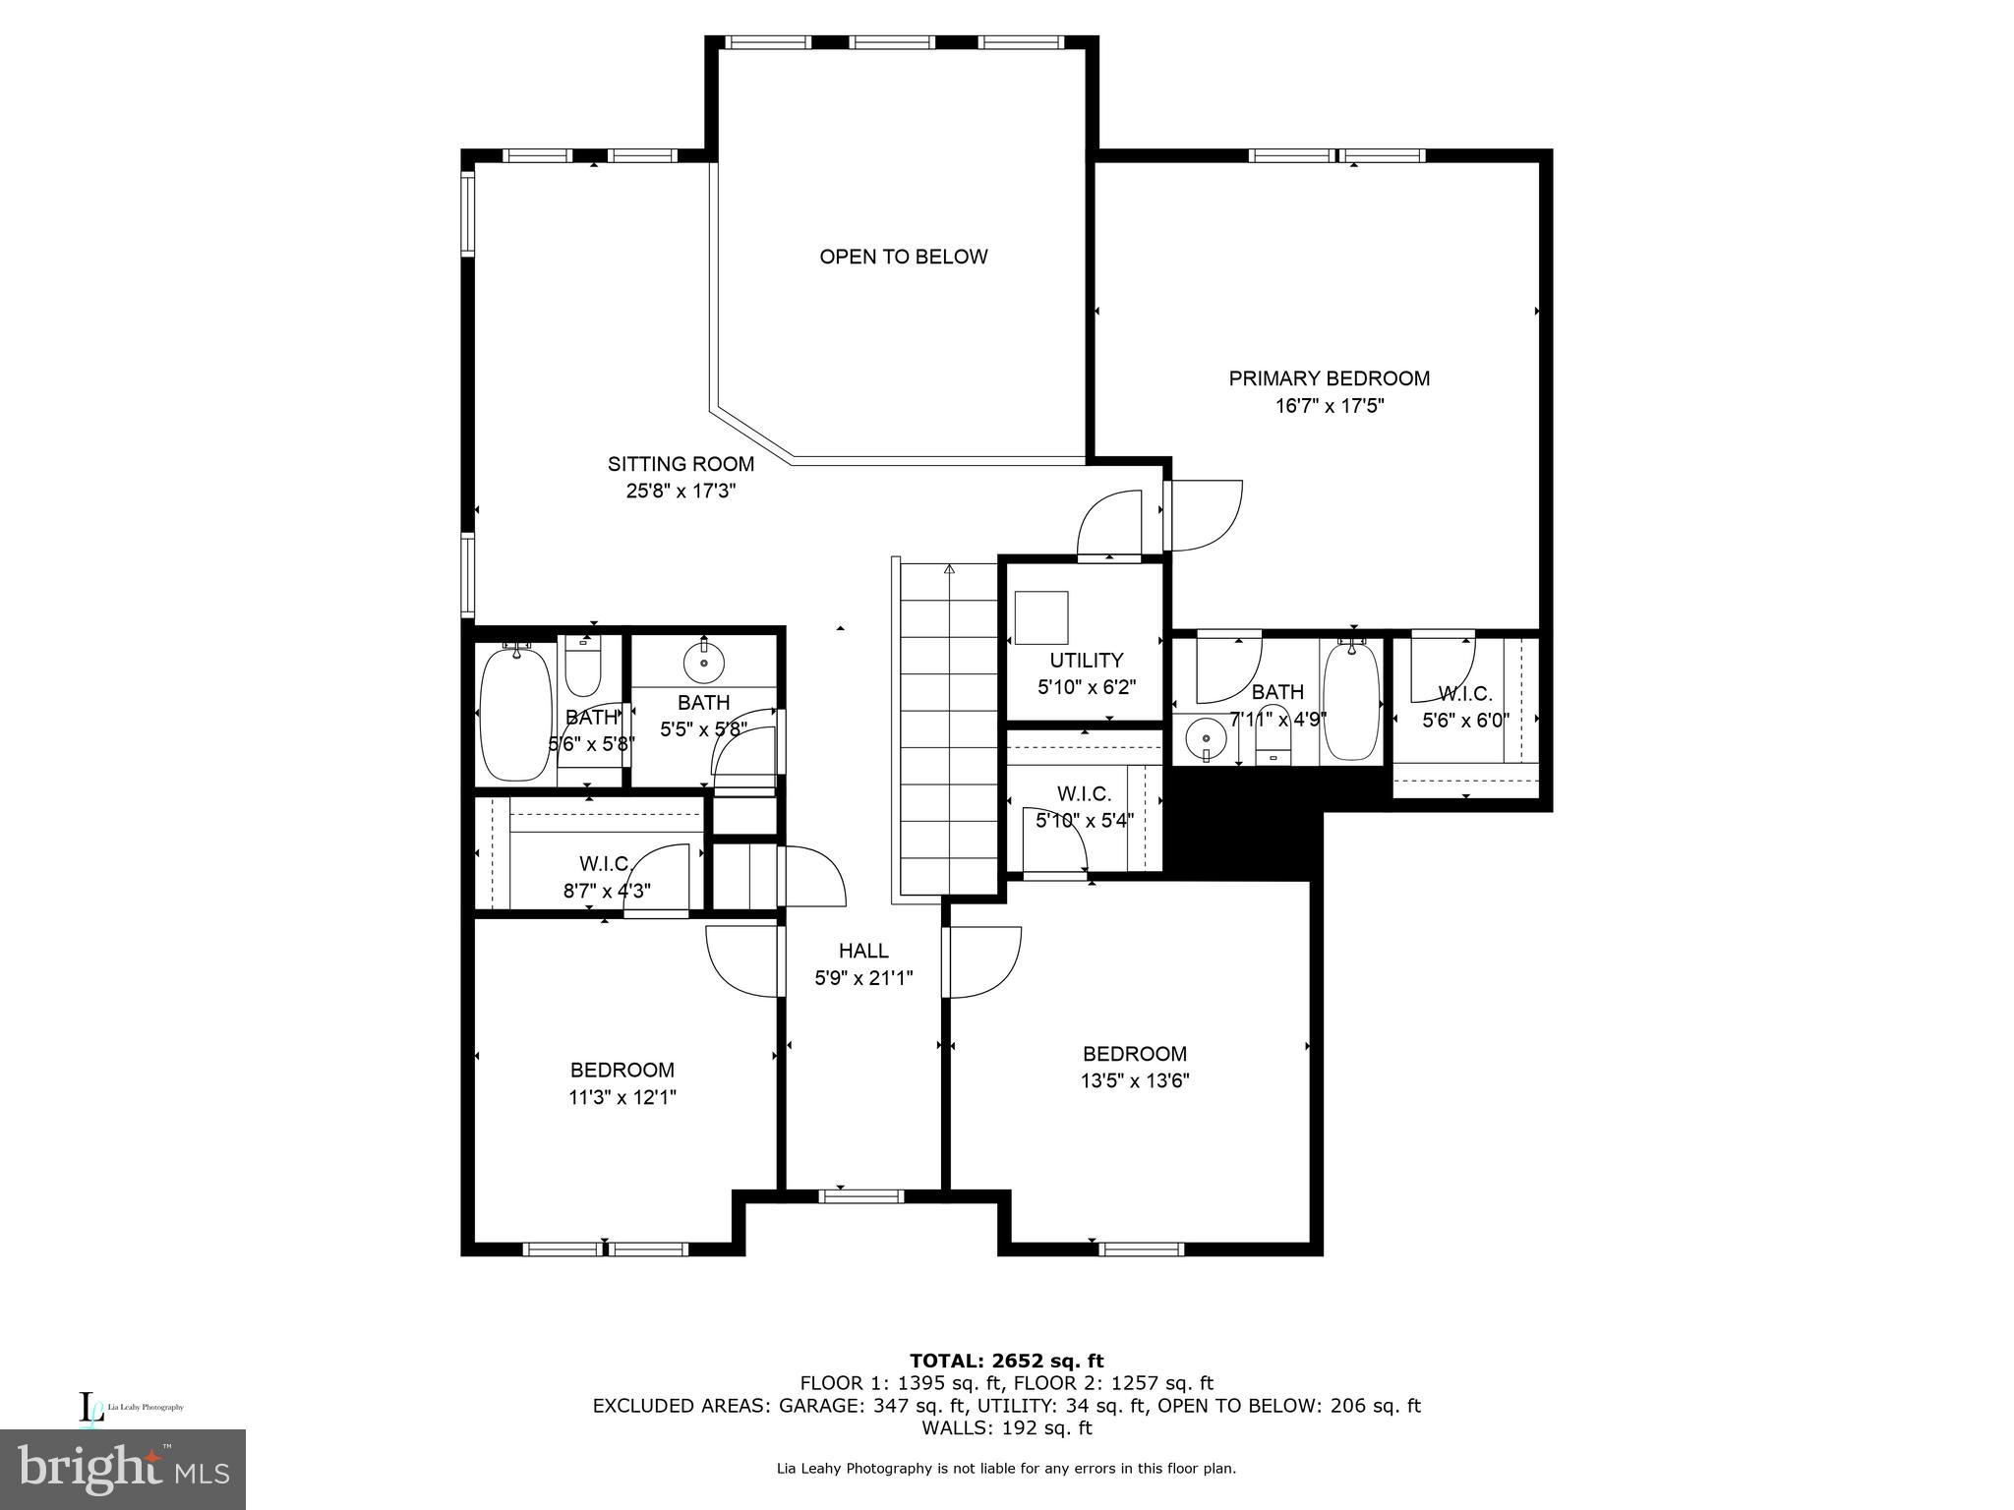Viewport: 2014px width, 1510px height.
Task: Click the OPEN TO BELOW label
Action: pos(903,257)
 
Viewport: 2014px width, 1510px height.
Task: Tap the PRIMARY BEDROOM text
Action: pos(1329,378)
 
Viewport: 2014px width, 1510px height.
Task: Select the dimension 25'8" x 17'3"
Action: pos(681,491)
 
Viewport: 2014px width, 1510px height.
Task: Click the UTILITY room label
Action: pos(1086,660)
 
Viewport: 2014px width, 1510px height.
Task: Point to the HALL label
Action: pos(863,951)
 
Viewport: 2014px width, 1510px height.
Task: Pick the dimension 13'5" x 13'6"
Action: pos(1135,1081)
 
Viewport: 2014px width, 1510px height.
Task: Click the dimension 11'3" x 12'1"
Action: pos(622,1097)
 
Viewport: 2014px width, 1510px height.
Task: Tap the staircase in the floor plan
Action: pos(948,727)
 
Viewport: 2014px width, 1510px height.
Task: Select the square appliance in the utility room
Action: pos(1040,617)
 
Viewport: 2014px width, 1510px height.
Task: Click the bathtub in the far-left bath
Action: pos(515,712)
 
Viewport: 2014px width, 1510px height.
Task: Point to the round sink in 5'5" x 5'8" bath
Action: pos(704,662)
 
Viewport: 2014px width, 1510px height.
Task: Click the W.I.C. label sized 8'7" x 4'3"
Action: pos(605,864)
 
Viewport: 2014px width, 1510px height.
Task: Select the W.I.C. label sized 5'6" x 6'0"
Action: pos(1464,694)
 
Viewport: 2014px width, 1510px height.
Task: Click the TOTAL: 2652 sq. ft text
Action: pos(1006,1361)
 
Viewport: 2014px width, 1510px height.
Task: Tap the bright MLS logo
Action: pos(123,1469)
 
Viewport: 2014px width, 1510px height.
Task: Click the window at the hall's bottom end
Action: pos(861,1196)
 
